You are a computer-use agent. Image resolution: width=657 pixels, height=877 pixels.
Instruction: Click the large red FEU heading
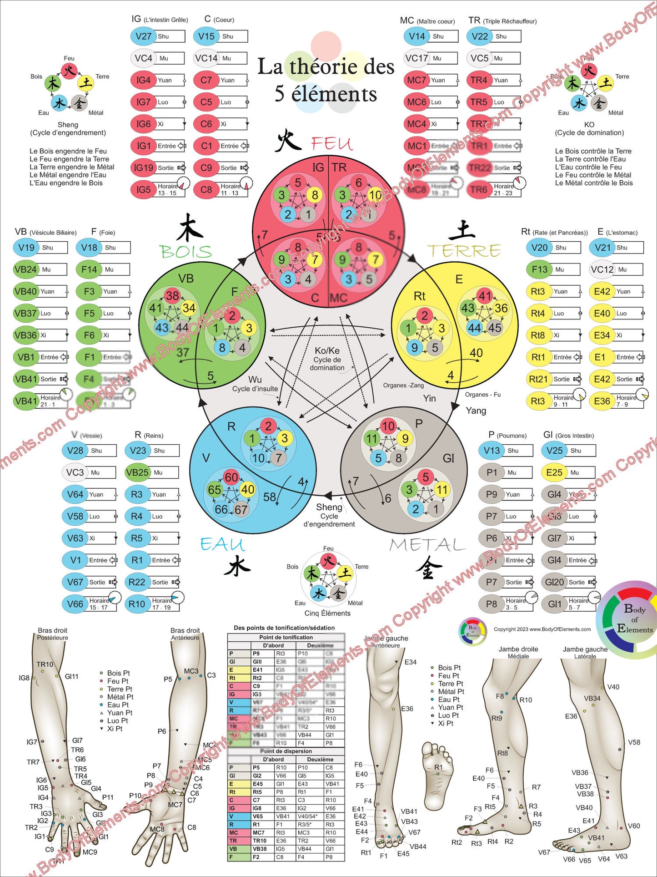coord(332,144)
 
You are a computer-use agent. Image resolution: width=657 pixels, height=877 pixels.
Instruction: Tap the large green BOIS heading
coord(186,252)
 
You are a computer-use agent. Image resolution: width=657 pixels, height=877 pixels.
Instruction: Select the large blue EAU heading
coord(222,545)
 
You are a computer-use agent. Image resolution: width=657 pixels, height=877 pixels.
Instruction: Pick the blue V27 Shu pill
coord(144,36)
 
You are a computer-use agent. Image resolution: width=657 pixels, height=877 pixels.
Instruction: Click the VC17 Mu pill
coord(417,58)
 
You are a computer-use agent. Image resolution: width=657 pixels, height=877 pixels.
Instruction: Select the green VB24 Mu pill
coord(26,269)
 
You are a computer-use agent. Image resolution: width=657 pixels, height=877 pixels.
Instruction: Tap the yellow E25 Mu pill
coord(554,472)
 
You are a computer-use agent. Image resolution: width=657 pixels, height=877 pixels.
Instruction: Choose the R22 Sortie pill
coord(137,582)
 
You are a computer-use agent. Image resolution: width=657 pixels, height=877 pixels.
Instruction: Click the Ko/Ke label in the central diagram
coord(327,351)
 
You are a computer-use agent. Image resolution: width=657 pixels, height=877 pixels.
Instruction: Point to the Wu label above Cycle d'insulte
coord(255,380)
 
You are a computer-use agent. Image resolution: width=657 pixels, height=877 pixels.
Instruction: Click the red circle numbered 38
coord(172,296)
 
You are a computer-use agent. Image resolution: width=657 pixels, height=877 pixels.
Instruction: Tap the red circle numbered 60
coord(231,477)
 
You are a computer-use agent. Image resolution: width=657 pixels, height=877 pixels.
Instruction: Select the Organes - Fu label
coord(482,395)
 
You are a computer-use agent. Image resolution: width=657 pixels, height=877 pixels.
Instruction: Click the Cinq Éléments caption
coord(327,613)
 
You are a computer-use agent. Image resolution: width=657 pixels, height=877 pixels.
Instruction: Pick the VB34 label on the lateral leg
coord(592,698)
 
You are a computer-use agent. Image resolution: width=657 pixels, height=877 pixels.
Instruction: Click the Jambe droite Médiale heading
coord(518,652)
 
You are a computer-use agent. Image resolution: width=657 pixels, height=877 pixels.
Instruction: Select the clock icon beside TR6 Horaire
coord(519,183)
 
